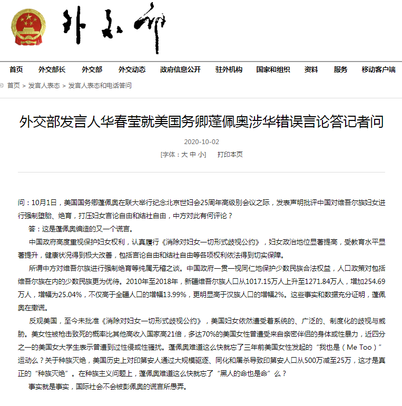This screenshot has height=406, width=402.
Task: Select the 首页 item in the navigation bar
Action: [x=16, y=69]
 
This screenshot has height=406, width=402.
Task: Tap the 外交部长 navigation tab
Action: [x=52, y=69]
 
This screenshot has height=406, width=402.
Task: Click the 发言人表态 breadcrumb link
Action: [x=44, y=85]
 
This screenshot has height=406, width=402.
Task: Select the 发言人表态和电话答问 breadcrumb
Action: [x=100, y=85]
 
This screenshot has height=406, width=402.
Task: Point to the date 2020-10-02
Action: [x=201, y=142]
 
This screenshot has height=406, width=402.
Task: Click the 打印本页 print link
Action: [x=230, y=155]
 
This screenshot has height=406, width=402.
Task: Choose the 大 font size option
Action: [x=184, y=155]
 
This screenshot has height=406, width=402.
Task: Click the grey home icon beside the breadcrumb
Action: [x=3, y=85]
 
